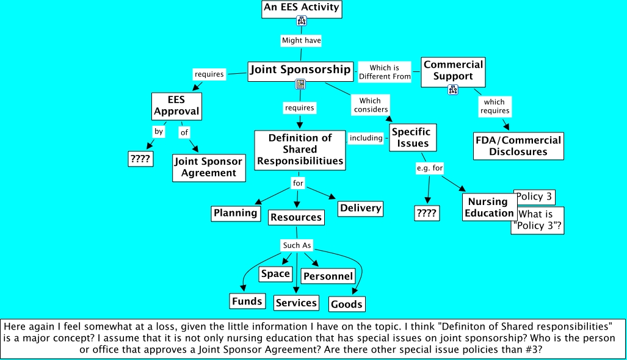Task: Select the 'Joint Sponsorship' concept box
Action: click(300, 70)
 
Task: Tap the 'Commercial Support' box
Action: click(453, 71)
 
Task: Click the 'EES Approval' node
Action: click(176, 106)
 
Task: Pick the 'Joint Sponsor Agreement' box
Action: click(209, 167)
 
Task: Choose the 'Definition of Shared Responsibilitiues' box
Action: click(300, 149)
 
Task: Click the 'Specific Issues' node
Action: click(411, 138)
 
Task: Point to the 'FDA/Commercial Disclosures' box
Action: click(518, 146)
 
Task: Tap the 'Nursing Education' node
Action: click(488, 207)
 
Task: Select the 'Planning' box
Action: click(235, 213)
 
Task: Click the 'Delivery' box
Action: click(360, 208)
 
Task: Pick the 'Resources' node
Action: click(295, 217)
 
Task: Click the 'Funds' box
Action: click(247, 301)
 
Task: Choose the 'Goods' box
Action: click(347, 304)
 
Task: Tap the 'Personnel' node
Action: click(328, 276)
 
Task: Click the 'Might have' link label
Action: click(301, 40)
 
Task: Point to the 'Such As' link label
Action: click(297, 245)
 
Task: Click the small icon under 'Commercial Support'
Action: click(452, 90)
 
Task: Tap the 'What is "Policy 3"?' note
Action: click(537, 220)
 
